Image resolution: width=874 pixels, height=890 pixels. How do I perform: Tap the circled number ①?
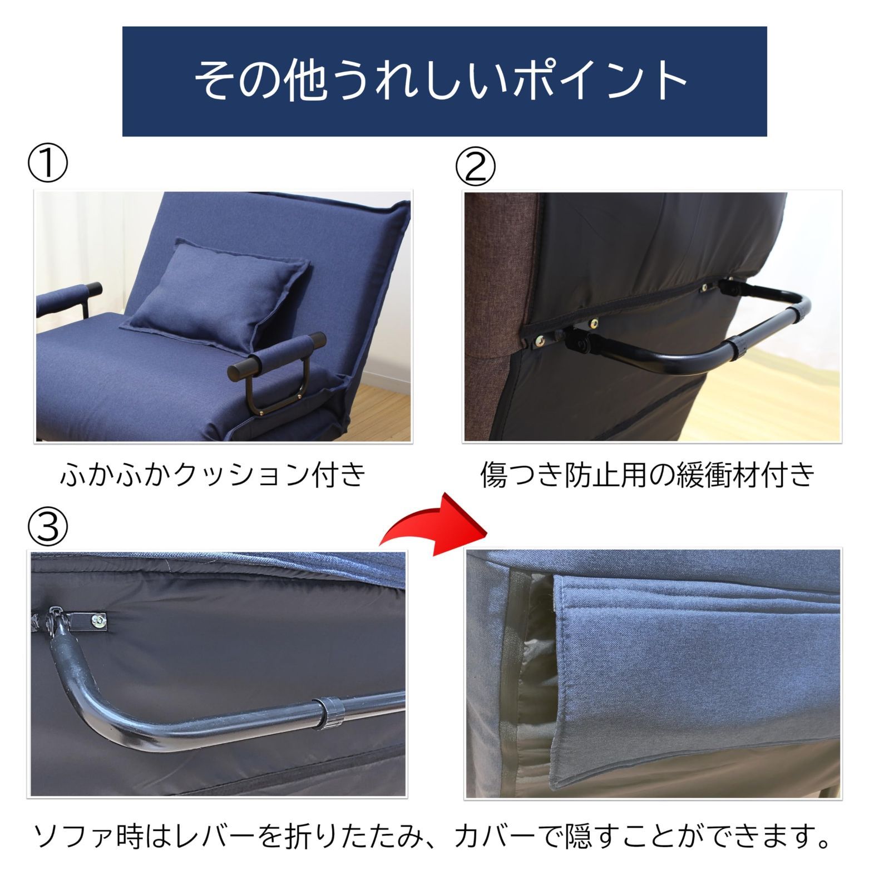pyautogui.click(x=48, y=165)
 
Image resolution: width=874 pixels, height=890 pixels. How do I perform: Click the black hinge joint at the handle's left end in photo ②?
pyautogui.click(x=579, y=340)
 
